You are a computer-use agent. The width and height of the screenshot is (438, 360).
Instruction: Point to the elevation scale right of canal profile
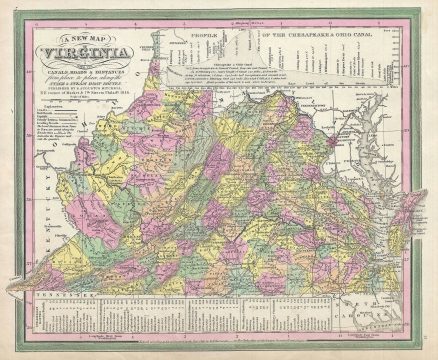(396, 75)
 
